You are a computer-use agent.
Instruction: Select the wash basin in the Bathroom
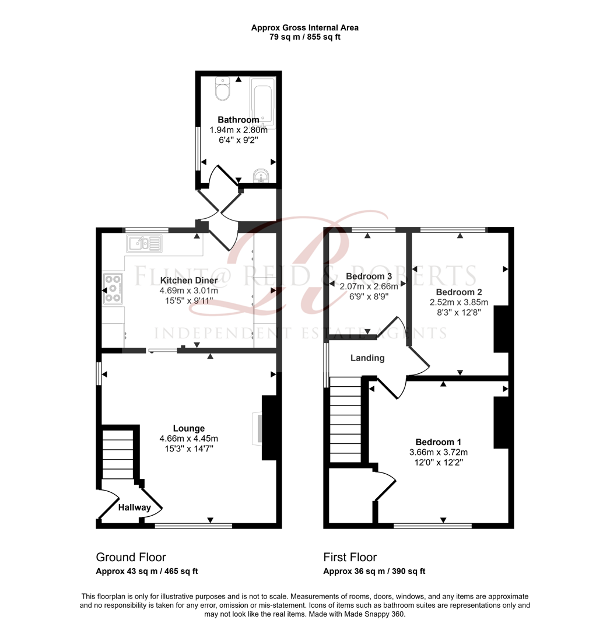pyautogui.click(x=262, y=174)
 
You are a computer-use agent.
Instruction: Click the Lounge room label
pyautogui.click(x=188, y=429)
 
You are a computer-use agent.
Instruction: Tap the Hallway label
pyautogui.click(x=135, y=508)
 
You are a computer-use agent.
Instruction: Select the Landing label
pyautogui.click(x=367, y=358)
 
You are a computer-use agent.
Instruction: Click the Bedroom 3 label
pyautogui.click(x=369, y=276)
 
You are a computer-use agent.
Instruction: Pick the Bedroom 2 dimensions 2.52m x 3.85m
pyautogui.click(x=459, y=302)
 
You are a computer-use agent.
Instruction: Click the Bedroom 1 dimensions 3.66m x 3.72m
pyautogui.click(x=439, y=452)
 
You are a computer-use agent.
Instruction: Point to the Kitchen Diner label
pyautogui.click(x=189, y=281)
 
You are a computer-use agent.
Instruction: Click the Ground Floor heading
pyautogui.click(x=131, y=557)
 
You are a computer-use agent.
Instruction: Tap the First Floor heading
pyautogui.click(x=350, y=557)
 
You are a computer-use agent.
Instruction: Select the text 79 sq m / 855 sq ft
pyautogui.click(x=305, y=37)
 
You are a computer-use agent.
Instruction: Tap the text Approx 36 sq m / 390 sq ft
pyautogui.click(x=374, y=572)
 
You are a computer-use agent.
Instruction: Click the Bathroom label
pyautogui.click(x=239, y=120)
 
